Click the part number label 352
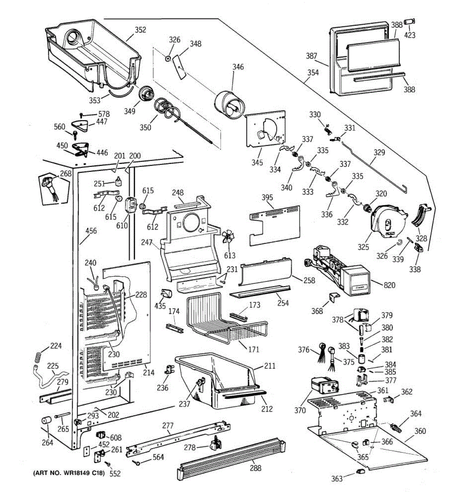tap(141, 30)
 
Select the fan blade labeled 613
tap(228, 239)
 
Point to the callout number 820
tap(390, 285)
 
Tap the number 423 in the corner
tap(410, 35)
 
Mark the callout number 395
tap(268, 198)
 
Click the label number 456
tap(91, 231)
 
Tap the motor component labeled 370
tap(324, 387)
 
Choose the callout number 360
tap(420, 431)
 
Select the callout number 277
tap(168, 426)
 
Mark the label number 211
tap(270, 366)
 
